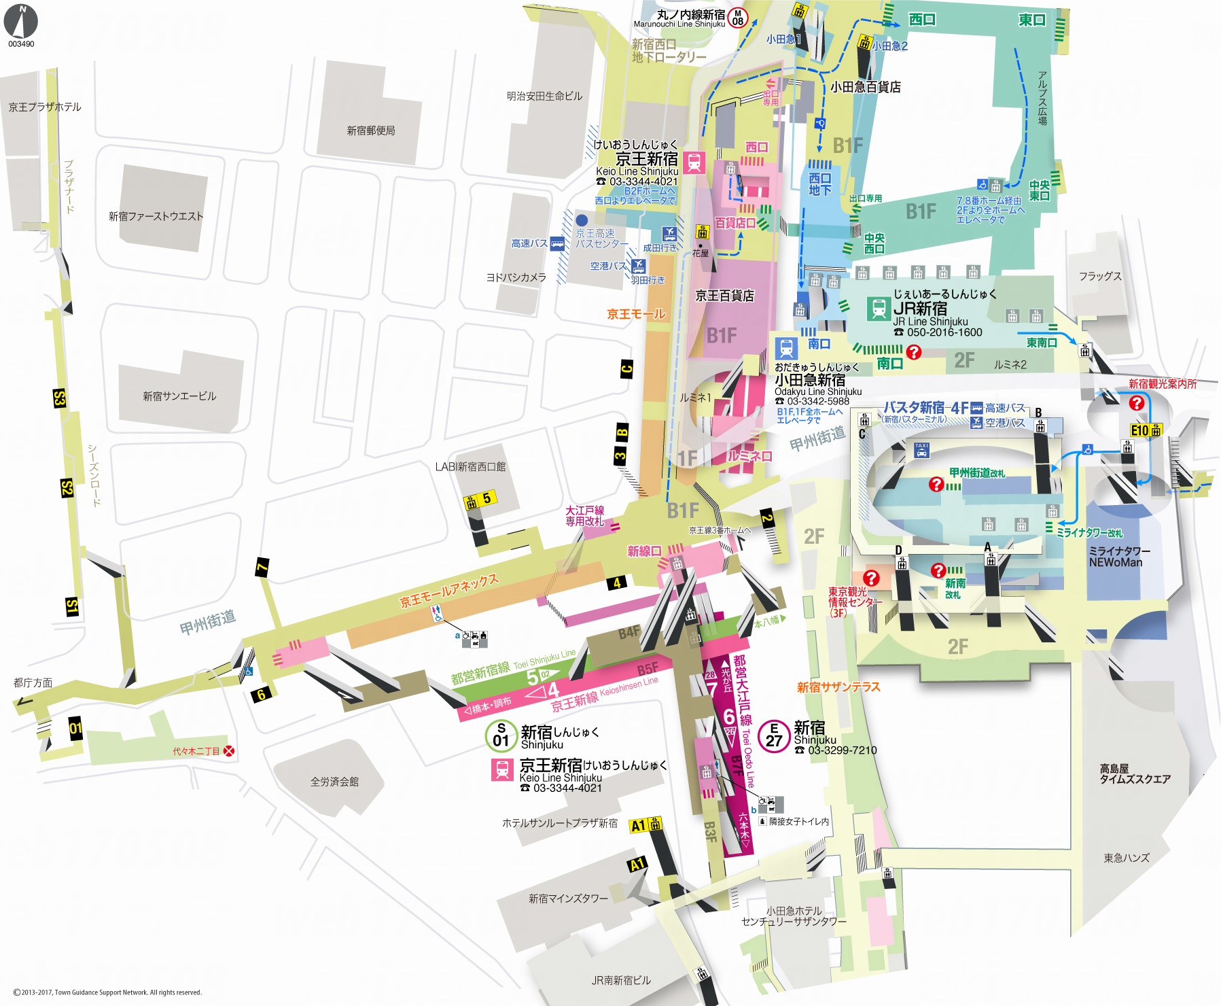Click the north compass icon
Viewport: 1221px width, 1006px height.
(21, 21)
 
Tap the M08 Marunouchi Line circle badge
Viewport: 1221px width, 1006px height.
(737, 18)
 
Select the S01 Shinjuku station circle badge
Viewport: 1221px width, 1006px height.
(501, 735)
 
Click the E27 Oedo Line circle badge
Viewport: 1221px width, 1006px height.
(774, 735)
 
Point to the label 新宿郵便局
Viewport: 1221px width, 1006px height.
(370, 131)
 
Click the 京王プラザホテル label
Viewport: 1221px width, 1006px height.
(45, 107)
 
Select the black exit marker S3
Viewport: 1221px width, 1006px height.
(59, 398)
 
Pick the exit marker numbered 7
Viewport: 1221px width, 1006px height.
(262, 567)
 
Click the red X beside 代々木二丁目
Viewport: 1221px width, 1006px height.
(230, 751)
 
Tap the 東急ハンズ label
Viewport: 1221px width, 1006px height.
(1127, 858)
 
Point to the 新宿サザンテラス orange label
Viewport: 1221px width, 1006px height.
(838, 687)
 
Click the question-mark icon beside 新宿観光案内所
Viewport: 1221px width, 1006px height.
(1136, 403)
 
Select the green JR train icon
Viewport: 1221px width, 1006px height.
(879, 309)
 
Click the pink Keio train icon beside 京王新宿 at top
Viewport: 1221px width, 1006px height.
(694, 163)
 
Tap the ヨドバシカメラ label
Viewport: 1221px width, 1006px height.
(516, 277)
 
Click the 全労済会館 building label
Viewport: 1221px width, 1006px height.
(334, 782)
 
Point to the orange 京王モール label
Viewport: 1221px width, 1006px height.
(636, 314)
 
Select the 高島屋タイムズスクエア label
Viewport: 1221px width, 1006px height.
(1134, 774)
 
